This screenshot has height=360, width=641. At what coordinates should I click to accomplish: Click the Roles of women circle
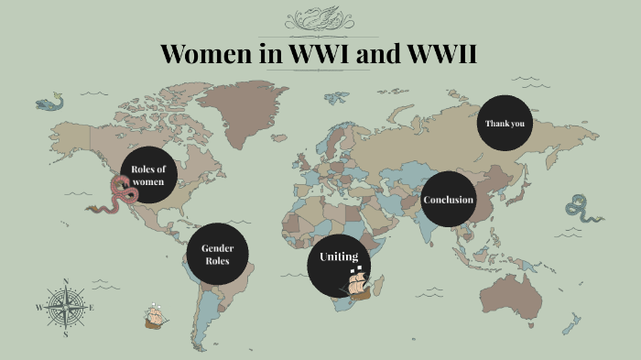(147, 173)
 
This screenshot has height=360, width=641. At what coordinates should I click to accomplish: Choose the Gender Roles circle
(217, 253)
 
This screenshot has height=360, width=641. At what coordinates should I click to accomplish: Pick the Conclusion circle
(449, 199)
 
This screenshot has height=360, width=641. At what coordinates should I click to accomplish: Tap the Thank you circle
(505, 123)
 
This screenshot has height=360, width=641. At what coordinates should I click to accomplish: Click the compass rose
(65, 307)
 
